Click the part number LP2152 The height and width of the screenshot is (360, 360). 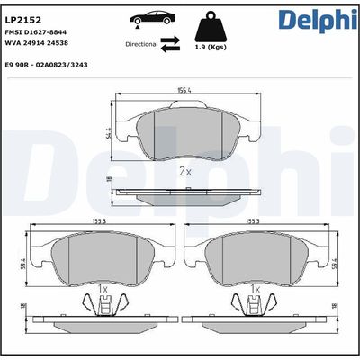[25, 17]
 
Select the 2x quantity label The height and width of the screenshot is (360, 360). [184, 169]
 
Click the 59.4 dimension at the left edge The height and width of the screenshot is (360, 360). [22, 262]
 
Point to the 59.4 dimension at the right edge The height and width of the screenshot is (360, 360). [338, 262]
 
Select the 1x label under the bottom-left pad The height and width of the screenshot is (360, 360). [103, 290]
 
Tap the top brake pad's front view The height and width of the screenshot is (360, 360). [184, 130]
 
